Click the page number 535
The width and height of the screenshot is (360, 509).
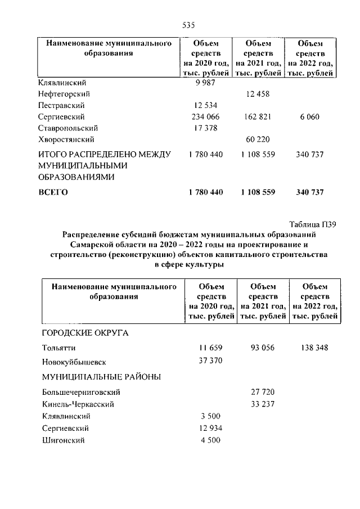[x=188, y=25]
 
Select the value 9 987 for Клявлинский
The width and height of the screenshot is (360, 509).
[x=205, y=83]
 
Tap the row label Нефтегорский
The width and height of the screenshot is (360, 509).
[x=65, y=94]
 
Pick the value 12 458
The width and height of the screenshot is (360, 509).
[x=258, y=94]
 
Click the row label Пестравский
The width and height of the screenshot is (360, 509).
[x=61, y=105]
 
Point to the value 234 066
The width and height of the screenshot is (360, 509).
[x=205, y=116]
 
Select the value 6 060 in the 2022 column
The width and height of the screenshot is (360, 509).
[x=310, y=116]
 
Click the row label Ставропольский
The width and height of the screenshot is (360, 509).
[x=67, y=128]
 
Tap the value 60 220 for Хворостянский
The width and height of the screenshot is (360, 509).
[x=258, y=139]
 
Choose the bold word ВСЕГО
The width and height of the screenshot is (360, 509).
[x=53, y=192]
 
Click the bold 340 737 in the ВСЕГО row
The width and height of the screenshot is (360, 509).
[x=310, y=192]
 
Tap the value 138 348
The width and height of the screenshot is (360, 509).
[x=314, y=348]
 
